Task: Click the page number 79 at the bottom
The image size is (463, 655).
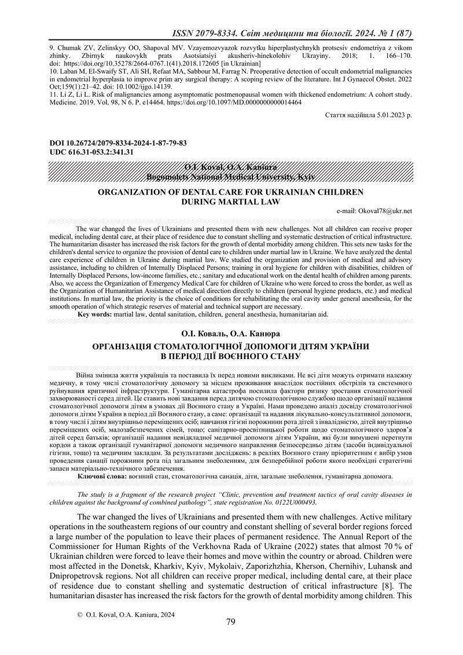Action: point(231,624)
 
